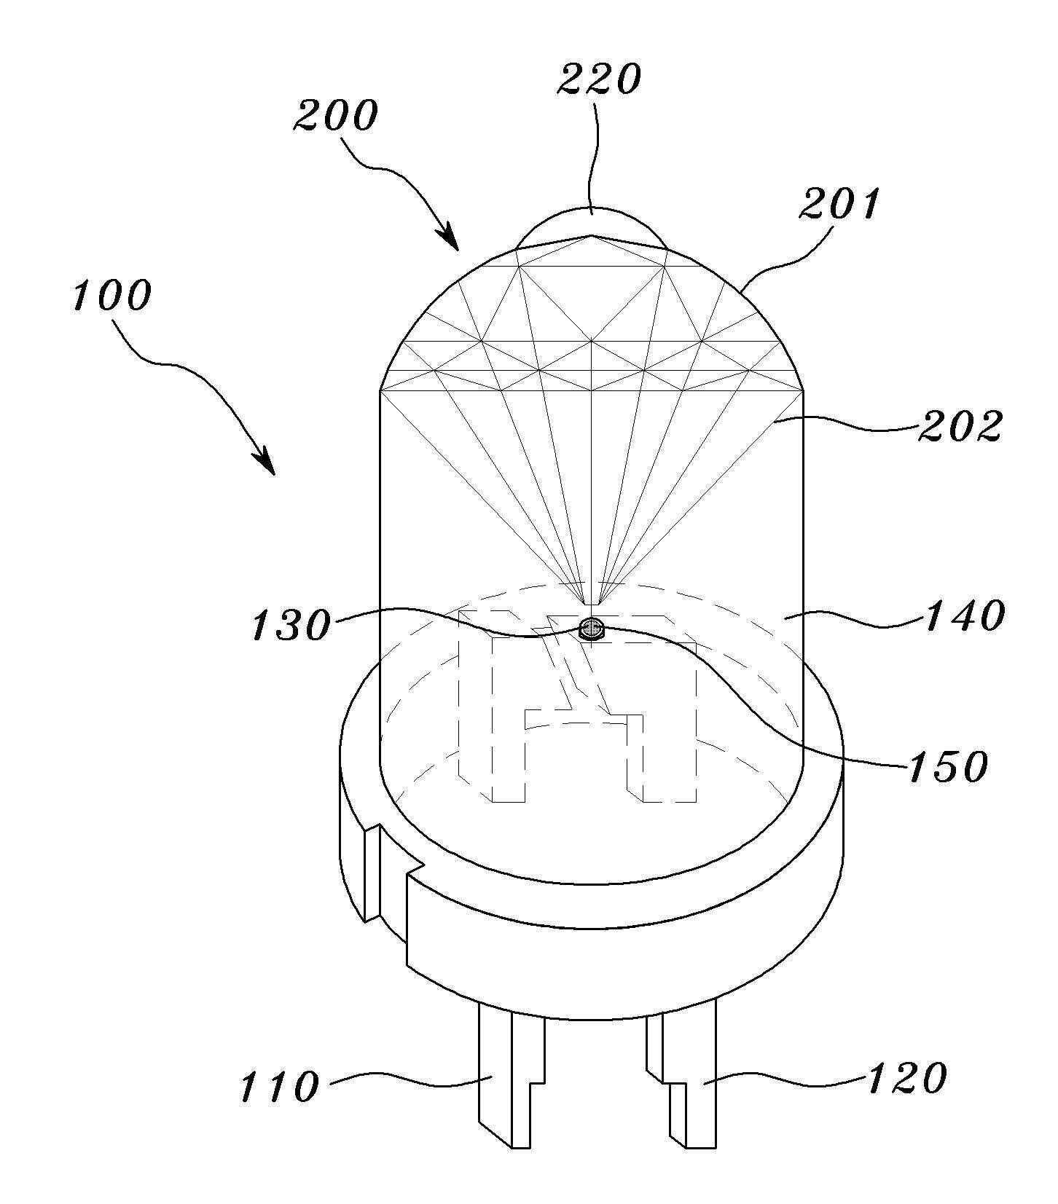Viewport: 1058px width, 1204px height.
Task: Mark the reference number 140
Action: point(965,616)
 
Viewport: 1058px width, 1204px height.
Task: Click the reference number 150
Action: point(947,766)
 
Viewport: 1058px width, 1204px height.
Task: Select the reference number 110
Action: point(280,1087)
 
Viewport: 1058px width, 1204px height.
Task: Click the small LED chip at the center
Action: point(592,629)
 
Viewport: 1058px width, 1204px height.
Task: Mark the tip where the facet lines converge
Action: point(592,605)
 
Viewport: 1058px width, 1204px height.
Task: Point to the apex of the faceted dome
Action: point(592,235)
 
